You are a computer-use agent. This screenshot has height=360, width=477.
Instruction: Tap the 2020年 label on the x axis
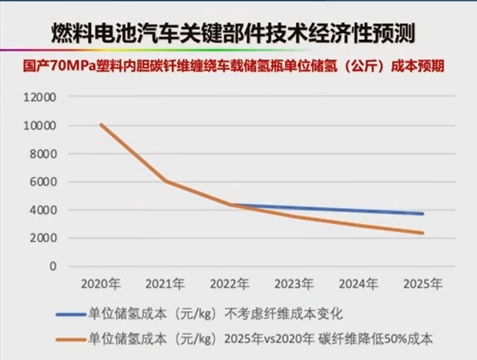(100, 284)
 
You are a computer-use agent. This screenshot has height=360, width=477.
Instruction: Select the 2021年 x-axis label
(165, 284)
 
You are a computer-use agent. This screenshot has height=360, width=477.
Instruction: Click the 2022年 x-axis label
(229, 284)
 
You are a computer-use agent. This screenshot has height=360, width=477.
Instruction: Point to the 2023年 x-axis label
(293, 284)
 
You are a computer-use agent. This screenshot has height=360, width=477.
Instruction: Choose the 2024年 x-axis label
(358, 284)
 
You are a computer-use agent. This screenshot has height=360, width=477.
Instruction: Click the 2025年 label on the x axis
(423, 284)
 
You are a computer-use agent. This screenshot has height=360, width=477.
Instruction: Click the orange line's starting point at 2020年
(100, 125)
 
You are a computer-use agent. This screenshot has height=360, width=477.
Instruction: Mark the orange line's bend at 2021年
(165, 181)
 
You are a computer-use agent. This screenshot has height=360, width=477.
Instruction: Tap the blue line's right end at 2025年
(423, 214)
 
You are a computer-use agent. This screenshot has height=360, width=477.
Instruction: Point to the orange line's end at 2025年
(423, 233)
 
